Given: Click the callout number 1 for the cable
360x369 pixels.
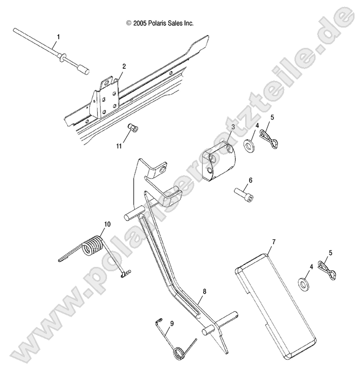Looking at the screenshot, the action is pos(58,37).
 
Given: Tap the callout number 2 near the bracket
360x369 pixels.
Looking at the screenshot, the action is pos(124,67).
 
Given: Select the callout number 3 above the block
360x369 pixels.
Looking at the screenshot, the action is pos(233,127).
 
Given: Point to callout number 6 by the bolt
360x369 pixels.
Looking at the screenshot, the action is pos(251,180).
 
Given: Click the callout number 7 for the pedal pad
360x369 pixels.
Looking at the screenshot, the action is pos(274,242).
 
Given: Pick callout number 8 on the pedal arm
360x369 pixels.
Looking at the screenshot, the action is pos(205,292).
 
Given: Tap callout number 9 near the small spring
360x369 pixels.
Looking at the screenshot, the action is pos(172,324).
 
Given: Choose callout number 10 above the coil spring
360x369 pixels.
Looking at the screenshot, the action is pos(107,224).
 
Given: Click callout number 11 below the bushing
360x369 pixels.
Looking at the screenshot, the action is pos(119,146).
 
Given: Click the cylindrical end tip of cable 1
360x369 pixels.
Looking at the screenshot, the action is pos(83,70).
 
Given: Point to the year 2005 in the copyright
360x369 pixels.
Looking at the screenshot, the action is pos(140,23).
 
